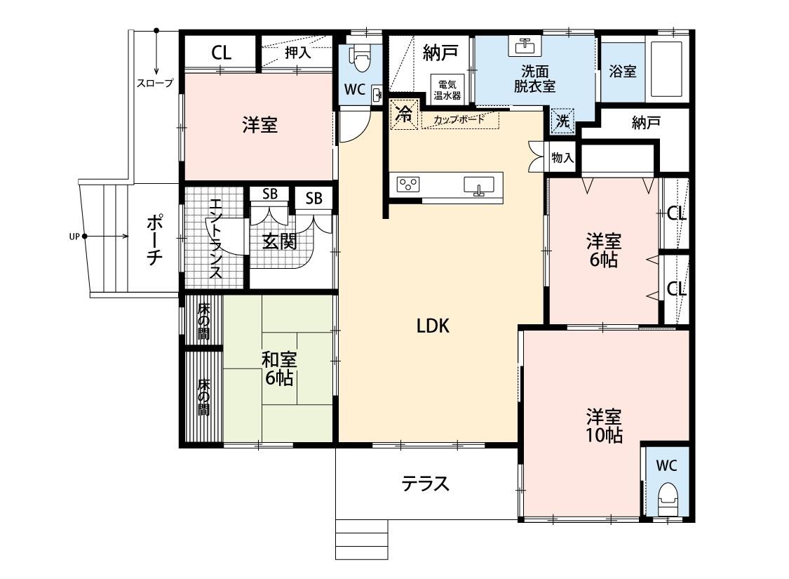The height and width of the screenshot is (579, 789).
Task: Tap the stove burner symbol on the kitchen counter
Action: [x=408, y=184]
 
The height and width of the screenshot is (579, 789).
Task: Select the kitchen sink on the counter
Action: [x=479, y=185]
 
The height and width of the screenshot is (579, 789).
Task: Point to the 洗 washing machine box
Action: [x=563, y=121]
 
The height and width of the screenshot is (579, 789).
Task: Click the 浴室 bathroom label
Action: [x=622, y=71]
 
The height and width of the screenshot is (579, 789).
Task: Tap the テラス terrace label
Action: [x=425, y=484]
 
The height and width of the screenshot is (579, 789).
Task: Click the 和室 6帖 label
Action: [x=279, y=369]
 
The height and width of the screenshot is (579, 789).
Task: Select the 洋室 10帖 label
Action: [x=604, y=425]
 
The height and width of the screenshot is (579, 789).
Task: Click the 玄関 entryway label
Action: [x=278, y=241]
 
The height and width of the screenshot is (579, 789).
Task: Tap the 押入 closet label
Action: [x=297, y=52]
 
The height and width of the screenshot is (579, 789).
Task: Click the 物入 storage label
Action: [x=562, y=158]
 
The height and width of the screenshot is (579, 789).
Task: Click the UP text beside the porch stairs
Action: [x=74, y=237]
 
